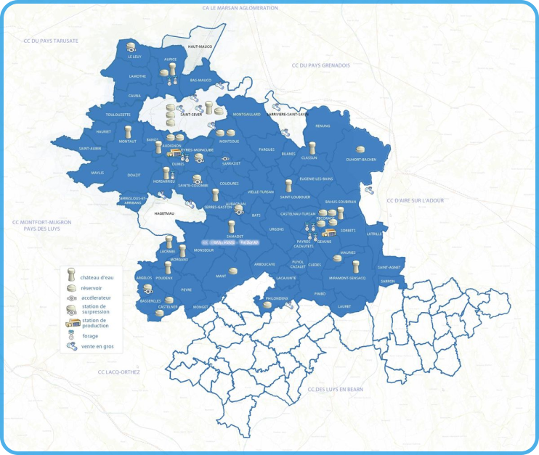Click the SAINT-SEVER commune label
point(191,115)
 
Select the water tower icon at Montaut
point(128,133)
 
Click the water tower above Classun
point(312,149)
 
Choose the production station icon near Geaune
point(328,233)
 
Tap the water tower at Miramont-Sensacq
point(356,267)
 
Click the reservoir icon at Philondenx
point(267,305)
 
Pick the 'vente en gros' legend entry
point(97,347)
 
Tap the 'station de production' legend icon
point(72,323)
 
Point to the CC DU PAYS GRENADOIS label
point(320,65)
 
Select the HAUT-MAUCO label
point(199,46)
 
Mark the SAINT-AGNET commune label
point(389,267)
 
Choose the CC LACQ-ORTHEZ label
point(118,372)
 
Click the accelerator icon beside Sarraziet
point(225,157)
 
